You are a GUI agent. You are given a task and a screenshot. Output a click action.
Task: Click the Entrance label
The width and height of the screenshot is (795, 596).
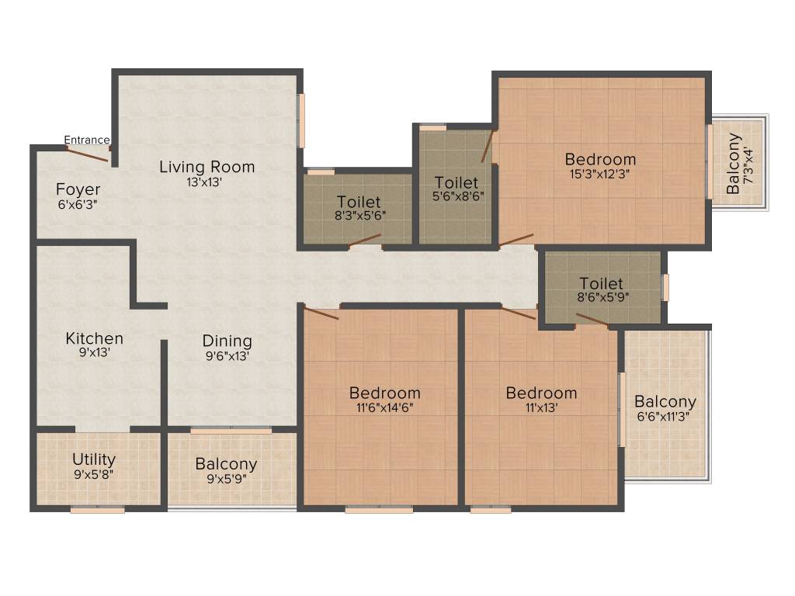coord(86,140)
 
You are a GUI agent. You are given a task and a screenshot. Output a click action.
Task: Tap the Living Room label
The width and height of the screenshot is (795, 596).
coord(207,167)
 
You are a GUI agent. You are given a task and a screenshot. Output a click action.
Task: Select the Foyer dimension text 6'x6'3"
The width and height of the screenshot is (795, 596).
coord(77,205)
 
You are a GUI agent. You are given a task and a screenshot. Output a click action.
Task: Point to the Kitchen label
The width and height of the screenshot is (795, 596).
coord(94,339)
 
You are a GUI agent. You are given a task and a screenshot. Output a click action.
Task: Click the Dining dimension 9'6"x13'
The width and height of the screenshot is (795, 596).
coord(227,356)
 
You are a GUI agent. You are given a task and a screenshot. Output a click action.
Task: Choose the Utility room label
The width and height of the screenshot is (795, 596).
coord(94,459)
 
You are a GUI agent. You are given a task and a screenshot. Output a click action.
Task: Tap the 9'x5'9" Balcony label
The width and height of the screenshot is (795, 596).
coord(226,465)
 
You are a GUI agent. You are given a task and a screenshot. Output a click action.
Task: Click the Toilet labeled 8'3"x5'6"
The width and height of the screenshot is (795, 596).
coord(358,204)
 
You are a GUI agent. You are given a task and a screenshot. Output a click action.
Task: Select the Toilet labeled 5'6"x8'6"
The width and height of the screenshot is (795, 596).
coord(456,183)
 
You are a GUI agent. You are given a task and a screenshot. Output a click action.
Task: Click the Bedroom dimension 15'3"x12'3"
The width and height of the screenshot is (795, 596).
coord(600,175)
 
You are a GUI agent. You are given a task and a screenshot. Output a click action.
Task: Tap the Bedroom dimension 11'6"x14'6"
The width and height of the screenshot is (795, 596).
coord(385,408)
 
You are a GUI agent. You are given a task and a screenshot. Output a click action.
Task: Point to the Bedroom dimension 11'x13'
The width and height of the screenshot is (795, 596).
coord(541,408)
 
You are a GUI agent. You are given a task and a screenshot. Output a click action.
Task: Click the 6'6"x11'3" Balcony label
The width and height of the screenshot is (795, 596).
coord(665,402)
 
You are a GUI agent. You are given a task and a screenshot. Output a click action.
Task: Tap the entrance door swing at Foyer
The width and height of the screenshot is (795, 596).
coord(87,154)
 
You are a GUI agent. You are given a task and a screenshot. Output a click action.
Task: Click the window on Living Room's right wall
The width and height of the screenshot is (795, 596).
coord(301,120)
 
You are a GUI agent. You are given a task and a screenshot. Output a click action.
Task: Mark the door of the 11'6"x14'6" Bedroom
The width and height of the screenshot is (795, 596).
coord(321,314)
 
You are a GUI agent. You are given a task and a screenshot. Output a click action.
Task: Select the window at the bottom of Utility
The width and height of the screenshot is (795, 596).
coord(97,510)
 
